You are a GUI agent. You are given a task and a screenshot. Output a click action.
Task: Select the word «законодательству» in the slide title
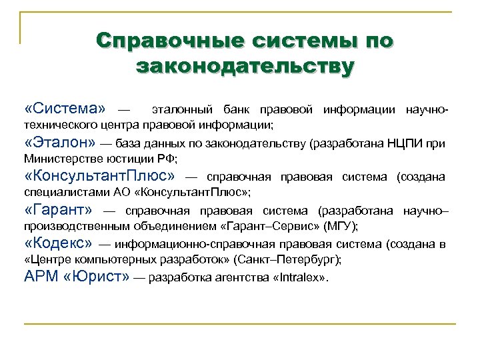[x=244, y=66]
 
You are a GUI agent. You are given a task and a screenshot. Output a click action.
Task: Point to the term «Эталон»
[x=61, y=142]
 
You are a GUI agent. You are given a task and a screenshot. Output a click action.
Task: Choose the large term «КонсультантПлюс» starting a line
[x=99, y=176]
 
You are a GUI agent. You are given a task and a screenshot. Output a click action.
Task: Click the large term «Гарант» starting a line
[x=59, y=211]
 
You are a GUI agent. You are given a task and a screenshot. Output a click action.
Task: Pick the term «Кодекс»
[x=60, y=244]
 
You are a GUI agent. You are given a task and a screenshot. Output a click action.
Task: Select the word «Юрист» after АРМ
[x=97, y=277]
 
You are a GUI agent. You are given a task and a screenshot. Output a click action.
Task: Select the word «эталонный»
[x=182, y=109]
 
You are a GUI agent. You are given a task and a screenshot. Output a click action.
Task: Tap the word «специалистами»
[x=62, y=193]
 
